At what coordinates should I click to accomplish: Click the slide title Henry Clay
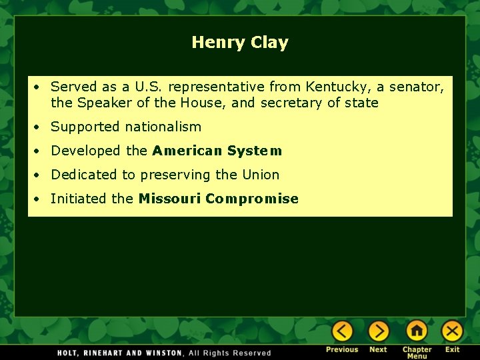(x=240, y=43)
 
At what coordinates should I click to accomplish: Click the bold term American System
(x=217, y=151)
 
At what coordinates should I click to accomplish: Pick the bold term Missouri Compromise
(x=218, y=199)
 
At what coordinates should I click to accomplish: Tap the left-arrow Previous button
(x=342, y=331)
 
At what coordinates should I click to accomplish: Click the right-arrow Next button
(x=378, y=331)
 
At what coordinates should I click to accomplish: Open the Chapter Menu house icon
(x=417, y=331)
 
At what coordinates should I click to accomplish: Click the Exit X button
(x=452, y=331)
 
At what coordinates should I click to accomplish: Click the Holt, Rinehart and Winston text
(x=119, y=353)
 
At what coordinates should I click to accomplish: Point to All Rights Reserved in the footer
(x=230, y=353)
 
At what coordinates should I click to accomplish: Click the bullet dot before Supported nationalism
(x=41, y=127)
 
